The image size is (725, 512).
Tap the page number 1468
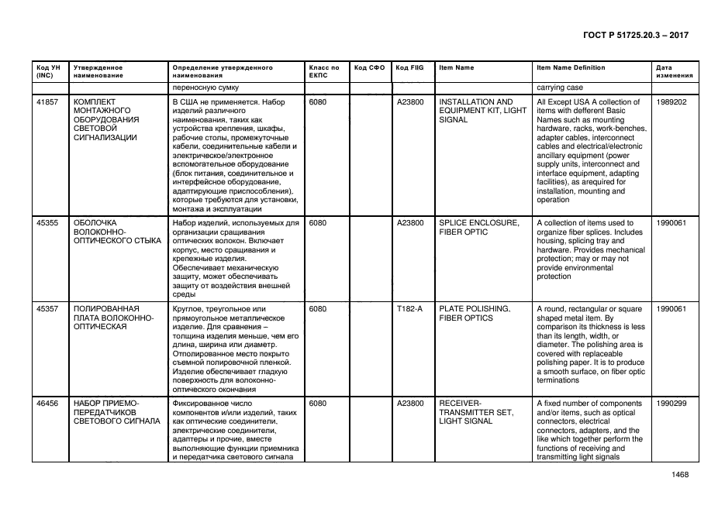tap(679, 475)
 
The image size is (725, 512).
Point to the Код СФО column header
tap(369, 68)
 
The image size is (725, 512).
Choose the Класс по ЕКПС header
tap(323, 72)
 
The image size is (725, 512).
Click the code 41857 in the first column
tap(47, 102)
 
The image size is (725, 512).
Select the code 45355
tap(47, 223)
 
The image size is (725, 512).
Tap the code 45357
tap(47, 308)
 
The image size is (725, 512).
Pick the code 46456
tap(47, 404)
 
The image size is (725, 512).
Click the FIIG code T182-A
tap(409, 308)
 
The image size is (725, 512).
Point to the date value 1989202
tap(671, 102)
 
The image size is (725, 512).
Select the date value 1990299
tap(671, 404)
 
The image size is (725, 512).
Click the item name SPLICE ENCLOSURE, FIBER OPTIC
tap(478, 228)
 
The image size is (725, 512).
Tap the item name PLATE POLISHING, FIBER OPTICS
tap(474, 313)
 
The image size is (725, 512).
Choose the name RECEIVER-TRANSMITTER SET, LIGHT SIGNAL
tap(476, 412)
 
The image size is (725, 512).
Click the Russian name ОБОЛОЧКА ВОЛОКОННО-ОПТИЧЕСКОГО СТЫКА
tap(116, 232)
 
